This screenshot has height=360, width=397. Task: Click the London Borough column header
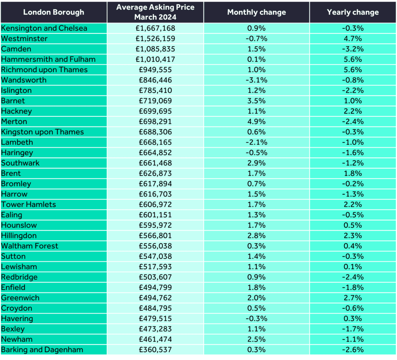54,12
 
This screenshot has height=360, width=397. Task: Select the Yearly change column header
353,12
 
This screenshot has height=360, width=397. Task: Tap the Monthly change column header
257,12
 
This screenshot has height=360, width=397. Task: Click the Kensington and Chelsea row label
44,28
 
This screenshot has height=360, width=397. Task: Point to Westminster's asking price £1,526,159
155,38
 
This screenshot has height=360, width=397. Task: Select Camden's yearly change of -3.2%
353,49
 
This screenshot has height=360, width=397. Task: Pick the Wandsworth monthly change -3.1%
257,80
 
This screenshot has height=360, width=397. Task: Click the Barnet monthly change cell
257,101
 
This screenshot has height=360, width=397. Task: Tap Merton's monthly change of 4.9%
257,121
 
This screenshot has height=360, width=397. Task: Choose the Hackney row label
16,111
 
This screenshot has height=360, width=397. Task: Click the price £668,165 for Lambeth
155,142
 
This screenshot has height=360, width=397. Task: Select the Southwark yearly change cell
353,163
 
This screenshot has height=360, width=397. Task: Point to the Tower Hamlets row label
28,204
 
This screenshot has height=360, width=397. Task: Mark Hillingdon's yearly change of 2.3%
353,235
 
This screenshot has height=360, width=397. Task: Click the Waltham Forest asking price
155,246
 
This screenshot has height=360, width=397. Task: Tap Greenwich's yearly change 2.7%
353,298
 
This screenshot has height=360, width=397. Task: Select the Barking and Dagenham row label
42,350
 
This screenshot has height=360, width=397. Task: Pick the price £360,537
155,350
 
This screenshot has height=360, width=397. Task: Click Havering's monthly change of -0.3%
257,318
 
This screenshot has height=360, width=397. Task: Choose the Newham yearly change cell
353,339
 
